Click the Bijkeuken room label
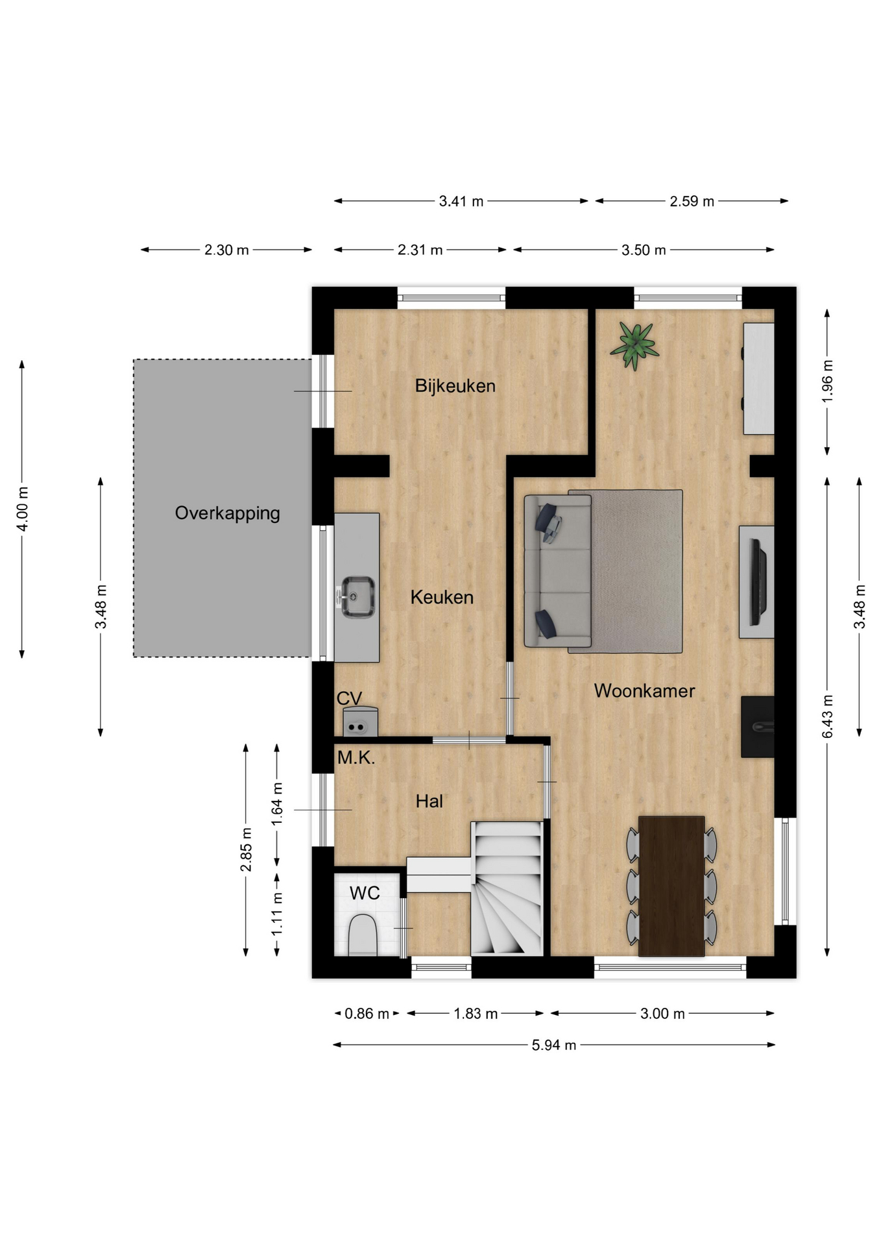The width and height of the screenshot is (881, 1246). pos(455,386)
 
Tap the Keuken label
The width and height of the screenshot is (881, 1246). pos(442,597)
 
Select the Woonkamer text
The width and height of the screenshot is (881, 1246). pos(644,691)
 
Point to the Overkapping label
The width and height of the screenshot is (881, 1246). pos(227,513)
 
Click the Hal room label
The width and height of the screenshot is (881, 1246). pos(429,801)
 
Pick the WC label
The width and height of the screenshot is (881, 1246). pos(365,894)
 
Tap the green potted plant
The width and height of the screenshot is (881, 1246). pos(634,346)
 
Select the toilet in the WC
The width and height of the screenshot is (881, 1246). pos(363,935)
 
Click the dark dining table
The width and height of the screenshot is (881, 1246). pos(671,886)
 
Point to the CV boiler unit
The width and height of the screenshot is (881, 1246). pos(360,722)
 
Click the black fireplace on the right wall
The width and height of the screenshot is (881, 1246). pos(758,727)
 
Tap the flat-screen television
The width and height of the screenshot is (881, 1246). pos(758,581)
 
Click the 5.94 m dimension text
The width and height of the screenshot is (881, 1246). pos(554,1045)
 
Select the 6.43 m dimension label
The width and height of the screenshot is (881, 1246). pos(827,716)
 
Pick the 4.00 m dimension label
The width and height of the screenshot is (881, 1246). pos(22,509)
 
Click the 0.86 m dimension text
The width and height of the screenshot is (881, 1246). pos(367,1014)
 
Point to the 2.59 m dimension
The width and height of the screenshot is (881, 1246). pos(692,201)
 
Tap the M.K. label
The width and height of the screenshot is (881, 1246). pos(356,757)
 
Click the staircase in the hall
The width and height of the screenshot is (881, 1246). pos(507,888)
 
